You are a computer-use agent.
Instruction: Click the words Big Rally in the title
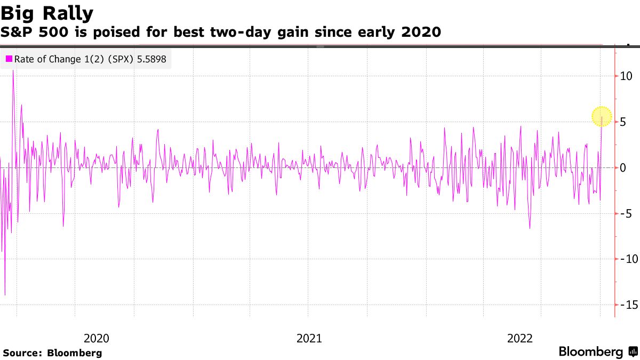click(x=47, y=12)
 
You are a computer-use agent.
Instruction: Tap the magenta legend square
click(x=9, y=59)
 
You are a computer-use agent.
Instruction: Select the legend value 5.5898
click(x=151, y=59)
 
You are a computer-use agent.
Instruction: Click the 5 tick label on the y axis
click(x=623, y=122)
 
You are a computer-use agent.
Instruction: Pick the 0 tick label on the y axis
click(x=623, y=168)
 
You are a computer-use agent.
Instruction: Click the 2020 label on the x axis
click(x=97, y=338)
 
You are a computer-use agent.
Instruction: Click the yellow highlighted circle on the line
click(x=602, y=116)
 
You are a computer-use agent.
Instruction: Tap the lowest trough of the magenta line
click(x=5, y=294)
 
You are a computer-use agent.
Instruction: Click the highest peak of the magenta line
click(x=13, y=71)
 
